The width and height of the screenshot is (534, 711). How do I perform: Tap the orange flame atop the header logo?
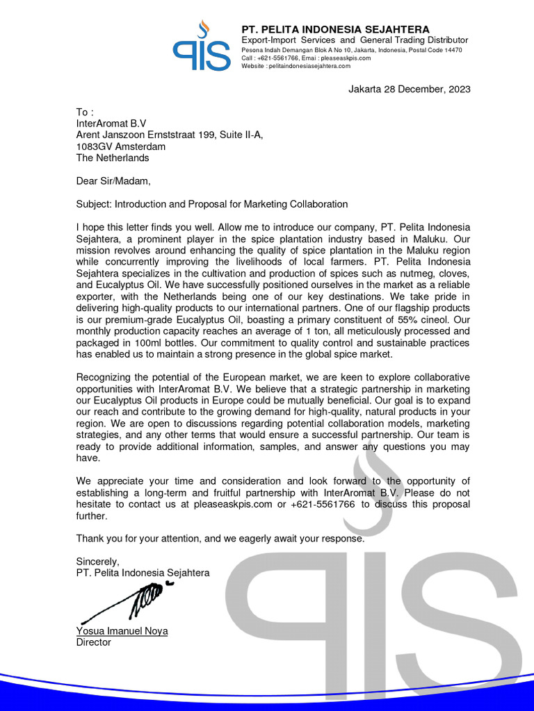click(x=202, y=28)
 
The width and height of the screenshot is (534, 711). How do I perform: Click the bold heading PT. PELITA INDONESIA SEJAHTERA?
click(x=335, y=29)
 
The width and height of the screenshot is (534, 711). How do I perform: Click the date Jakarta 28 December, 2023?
click(x=409, y=89)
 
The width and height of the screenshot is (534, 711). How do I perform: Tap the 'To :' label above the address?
click(x=83, y=112)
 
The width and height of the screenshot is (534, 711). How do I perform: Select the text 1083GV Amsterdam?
click(x=121, y=147)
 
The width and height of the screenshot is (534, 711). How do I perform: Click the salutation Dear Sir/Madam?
click(x=113, y=181)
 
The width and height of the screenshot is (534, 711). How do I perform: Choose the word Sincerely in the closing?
click(x=97, y=561)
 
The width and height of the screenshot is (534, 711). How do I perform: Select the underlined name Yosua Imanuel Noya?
click(x=122, y=631)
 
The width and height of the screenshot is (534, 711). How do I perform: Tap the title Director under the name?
click(x=93, y=642)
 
